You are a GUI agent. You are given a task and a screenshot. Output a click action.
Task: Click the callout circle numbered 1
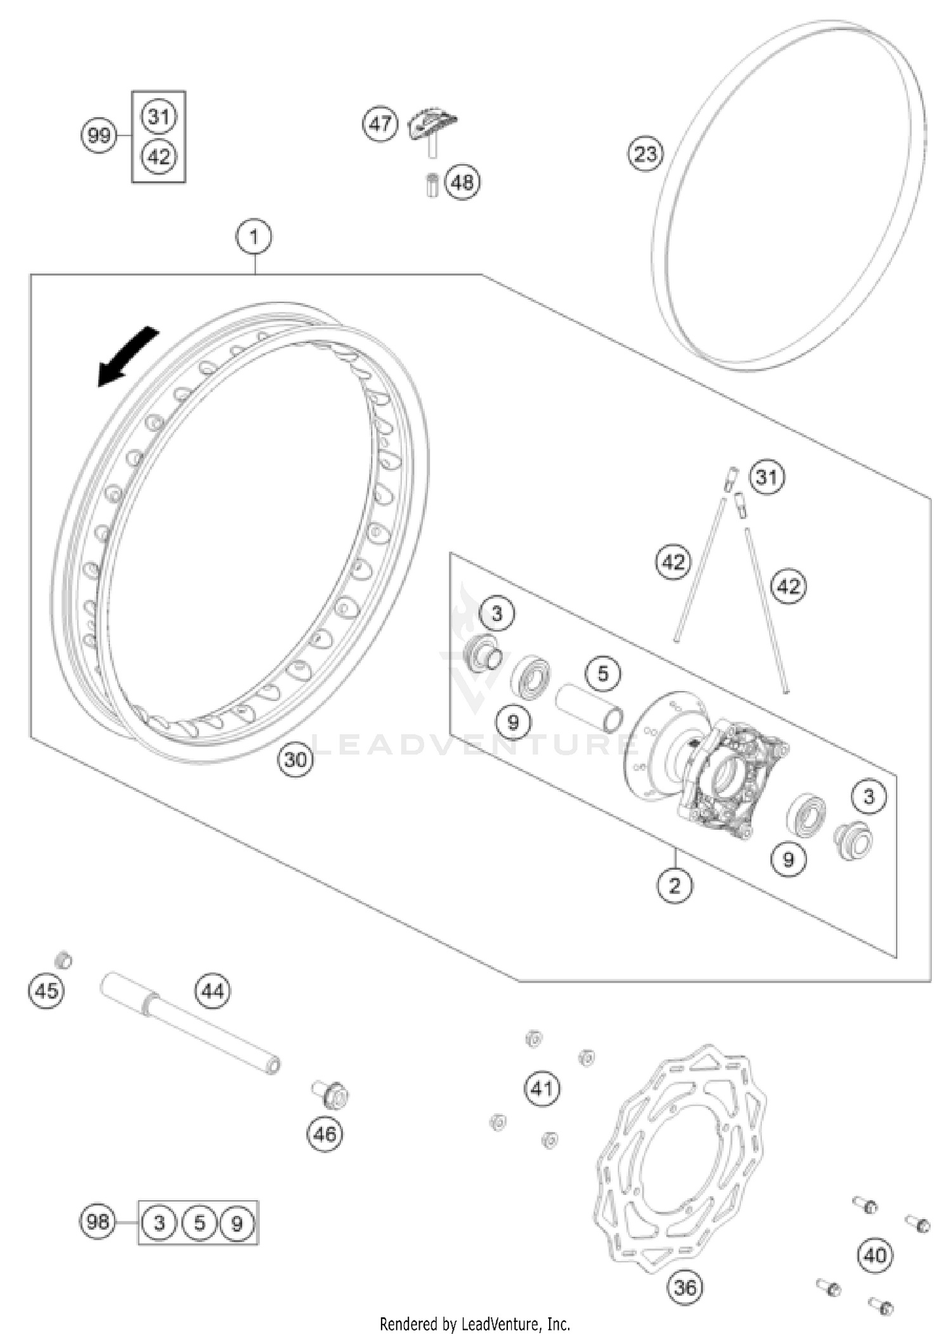(254, 237)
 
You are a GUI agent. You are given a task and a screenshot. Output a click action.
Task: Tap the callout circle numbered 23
(645, 154)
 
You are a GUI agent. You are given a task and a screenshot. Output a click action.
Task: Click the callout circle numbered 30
(295, 759)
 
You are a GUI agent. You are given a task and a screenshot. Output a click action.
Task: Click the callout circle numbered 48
(462, 183)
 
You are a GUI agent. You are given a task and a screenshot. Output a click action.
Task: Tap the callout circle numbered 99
(99, 136)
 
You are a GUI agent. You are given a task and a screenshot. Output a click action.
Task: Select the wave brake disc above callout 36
(682, 1159)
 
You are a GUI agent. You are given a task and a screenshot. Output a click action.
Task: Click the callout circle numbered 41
(541, 1088)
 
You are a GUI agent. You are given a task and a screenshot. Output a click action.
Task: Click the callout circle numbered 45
(46, 990)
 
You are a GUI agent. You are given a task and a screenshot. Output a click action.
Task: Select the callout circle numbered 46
(325, 1134)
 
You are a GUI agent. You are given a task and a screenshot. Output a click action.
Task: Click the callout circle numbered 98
(98, 1222)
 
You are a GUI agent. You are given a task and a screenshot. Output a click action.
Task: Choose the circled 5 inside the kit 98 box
(199, 1223)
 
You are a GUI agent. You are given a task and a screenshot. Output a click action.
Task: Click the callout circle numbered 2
(675, 885)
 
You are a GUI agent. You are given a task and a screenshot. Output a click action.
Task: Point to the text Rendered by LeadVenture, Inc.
(475, 1324)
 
